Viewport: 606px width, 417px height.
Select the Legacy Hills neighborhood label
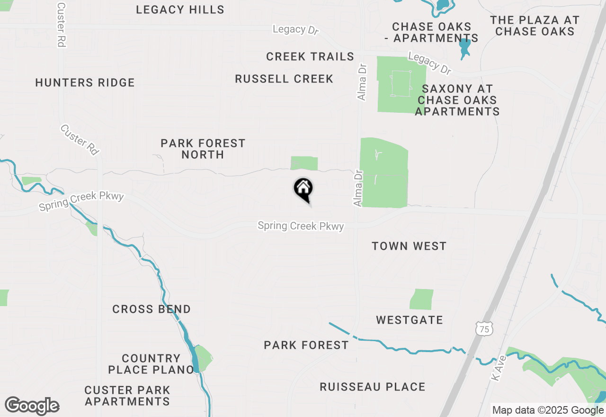(180, 9)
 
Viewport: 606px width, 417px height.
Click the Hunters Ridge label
(85, 82)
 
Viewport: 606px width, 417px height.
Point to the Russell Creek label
(284, 79)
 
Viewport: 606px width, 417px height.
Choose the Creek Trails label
(310, 57)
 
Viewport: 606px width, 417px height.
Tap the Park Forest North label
(203, 149)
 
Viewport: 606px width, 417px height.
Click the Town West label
(409, 246)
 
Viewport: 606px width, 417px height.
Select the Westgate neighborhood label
(410, 320)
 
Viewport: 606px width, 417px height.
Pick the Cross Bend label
(151, 309)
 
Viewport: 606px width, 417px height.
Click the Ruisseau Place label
(373, 387)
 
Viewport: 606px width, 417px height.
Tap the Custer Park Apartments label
(127, 396)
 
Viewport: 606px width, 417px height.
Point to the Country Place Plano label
(151, 364)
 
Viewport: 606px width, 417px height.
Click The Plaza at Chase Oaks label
(535, 26)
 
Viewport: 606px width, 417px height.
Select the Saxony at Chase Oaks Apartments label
(457, 100)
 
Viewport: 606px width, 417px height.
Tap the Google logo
(32, 406)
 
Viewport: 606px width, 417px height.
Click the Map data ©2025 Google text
(548, 410)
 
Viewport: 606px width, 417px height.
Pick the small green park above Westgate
(421, 299)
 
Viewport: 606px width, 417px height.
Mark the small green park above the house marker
(304, 163)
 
